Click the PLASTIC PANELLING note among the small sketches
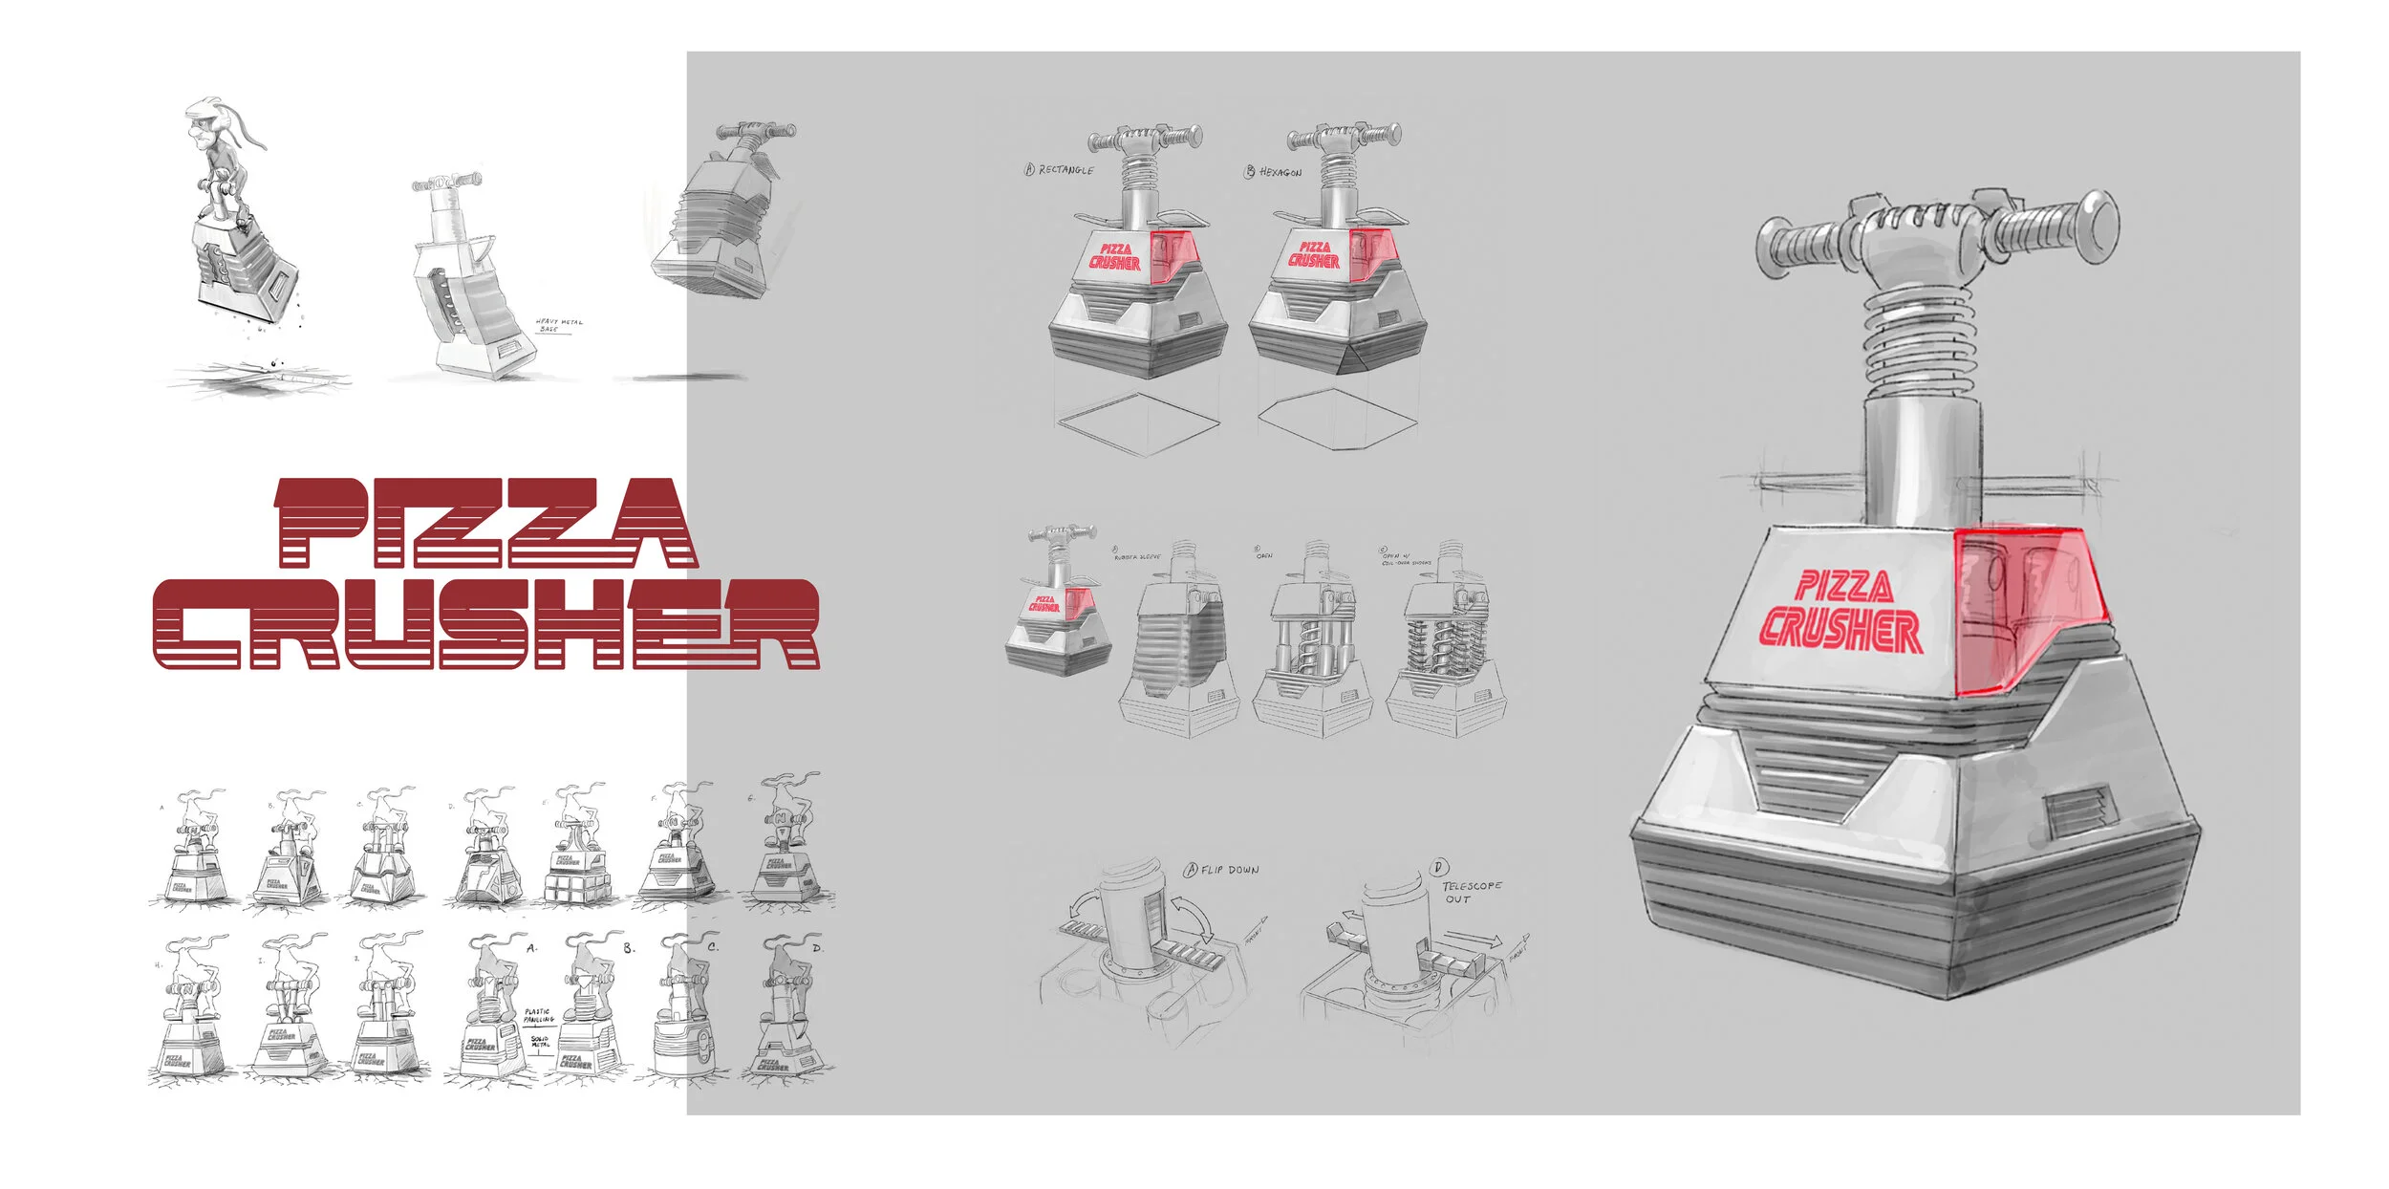[538, 1015]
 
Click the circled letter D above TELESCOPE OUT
[1440, 867]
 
